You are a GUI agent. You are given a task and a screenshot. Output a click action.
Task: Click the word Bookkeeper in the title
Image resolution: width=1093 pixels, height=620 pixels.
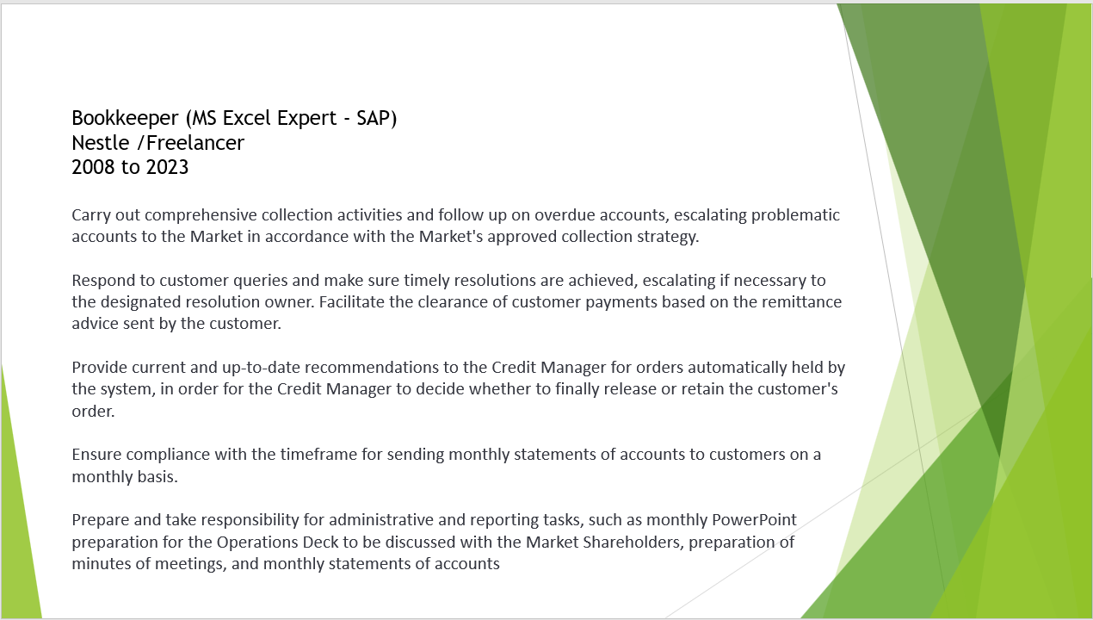126,119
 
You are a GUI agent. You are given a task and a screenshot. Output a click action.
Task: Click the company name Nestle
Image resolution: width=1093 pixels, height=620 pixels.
101,143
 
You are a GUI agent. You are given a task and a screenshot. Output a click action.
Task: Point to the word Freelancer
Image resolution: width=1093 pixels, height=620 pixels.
195,143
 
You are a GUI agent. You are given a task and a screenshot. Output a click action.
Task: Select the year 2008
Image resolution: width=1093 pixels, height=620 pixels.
93,167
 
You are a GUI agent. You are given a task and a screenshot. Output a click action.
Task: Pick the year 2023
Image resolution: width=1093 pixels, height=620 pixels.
167,167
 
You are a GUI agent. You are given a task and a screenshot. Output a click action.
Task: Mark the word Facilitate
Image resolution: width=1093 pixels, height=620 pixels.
351,301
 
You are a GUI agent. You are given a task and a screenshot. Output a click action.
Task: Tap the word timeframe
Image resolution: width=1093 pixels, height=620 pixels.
318,455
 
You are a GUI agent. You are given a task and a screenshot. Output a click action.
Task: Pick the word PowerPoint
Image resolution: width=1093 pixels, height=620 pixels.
754,520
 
